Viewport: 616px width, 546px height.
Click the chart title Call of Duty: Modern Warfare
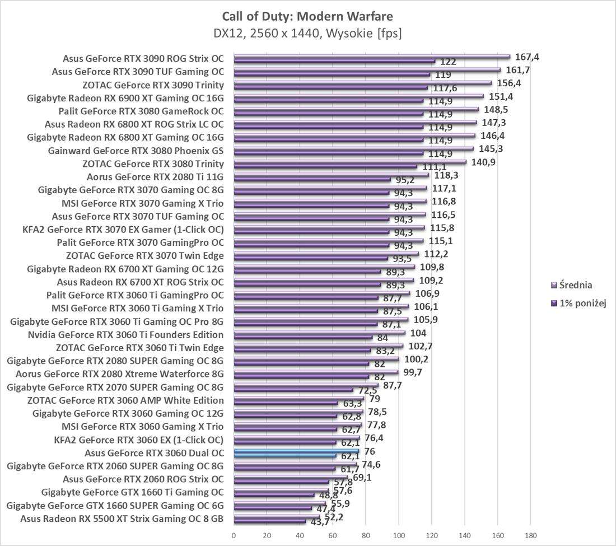click(307, 16)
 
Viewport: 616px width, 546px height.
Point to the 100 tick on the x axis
click(399, 534)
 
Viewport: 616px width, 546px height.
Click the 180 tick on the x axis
click(531, 534)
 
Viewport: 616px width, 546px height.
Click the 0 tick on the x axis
click(234, 534)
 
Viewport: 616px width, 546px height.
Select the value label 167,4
click(526, 57)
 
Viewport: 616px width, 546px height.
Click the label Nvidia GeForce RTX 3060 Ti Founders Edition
click(125, 335)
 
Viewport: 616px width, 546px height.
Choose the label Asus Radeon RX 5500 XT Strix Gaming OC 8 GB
click(122, 519)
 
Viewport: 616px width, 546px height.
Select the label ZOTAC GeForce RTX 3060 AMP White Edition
click(125, 400)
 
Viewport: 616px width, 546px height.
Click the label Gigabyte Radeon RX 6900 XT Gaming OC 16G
click(125, 98)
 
